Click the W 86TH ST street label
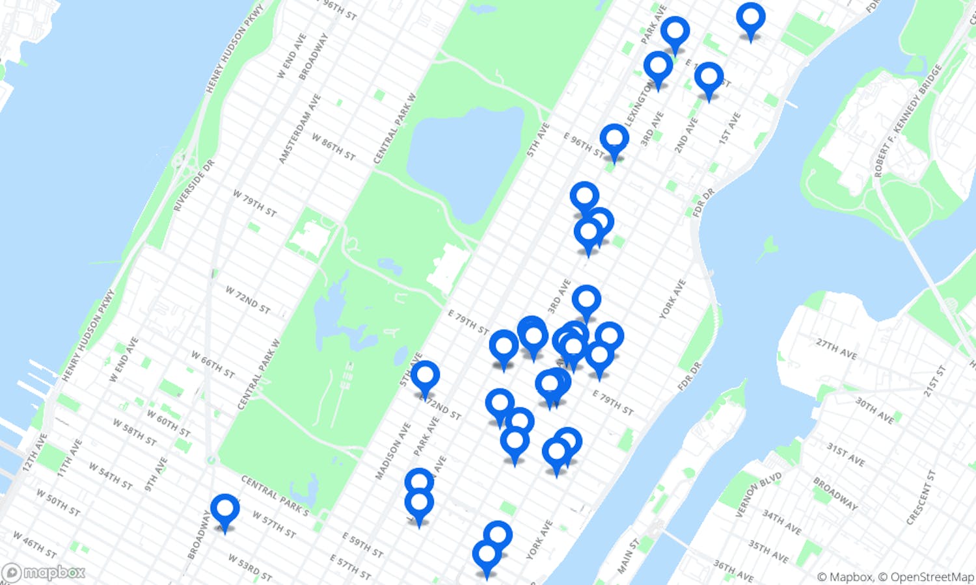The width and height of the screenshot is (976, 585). pos(333,147)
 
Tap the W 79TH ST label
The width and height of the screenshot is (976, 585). pos(254,203)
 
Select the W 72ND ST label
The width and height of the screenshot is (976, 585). pos(247,300)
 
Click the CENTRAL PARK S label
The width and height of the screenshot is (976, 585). pos(275,496)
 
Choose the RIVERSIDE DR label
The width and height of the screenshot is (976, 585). pos(193,186)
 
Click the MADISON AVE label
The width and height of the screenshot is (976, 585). pos(393,451)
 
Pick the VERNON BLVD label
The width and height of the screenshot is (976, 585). pos(758,495)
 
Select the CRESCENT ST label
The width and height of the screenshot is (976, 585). pos(921,497)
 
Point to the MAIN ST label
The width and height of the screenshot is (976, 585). pos(629,556)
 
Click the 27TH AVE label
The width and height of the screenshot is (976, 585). pos(836,348)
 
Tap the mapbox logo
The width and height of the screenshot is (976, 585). pos(44,573)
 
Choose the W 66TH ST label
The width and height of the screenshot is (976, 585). pos(213,364)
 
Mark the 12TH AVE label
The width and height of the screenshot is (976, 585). pos(34,452)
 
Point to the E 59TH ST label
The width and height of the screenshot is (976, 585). pos(362,545)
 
